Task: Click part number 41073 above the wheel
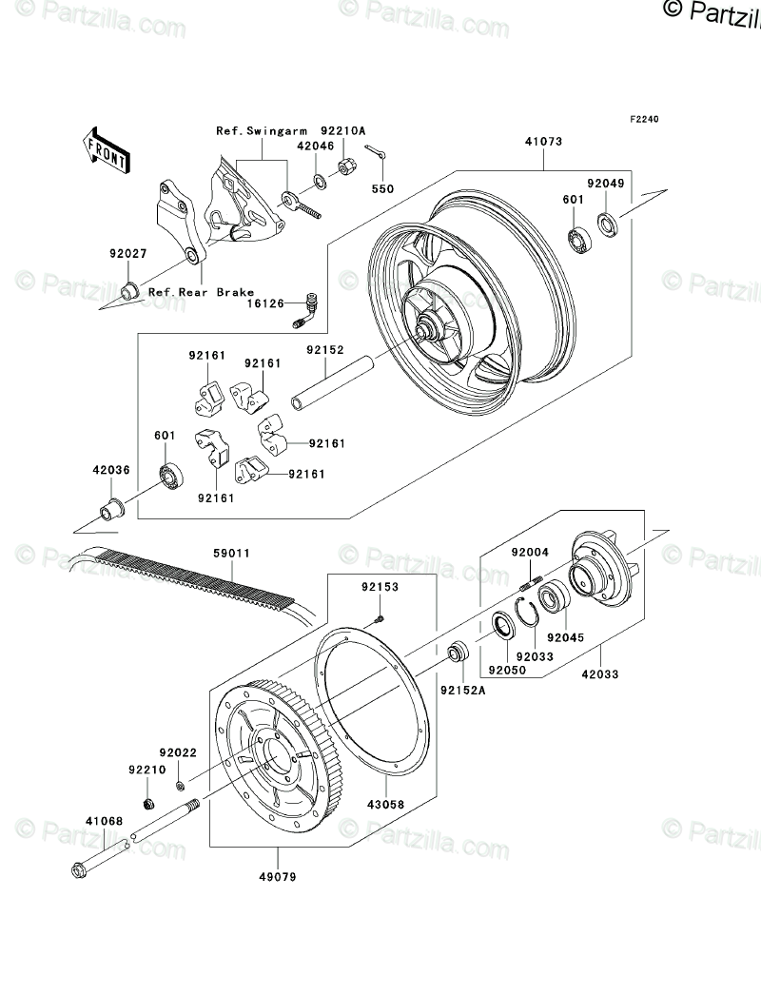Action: (x=543, y=142)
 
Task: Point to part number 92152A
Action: (x=462, y=690)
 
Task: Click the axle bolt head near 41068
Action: (x=79, y=868)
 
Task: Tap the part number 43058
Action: (x=385, y=804)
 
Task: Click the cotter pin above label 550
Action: (x=377, y=155)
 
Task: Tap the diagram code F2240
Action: (x=643, y=120)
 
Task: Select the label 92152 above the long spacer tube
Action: (x=323, y=349)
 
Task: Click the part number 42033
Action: (x=600, y=674)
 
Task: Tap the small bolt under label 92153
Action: (x=379, y=618)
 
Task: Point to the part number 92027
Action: (x=126, y=254)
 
